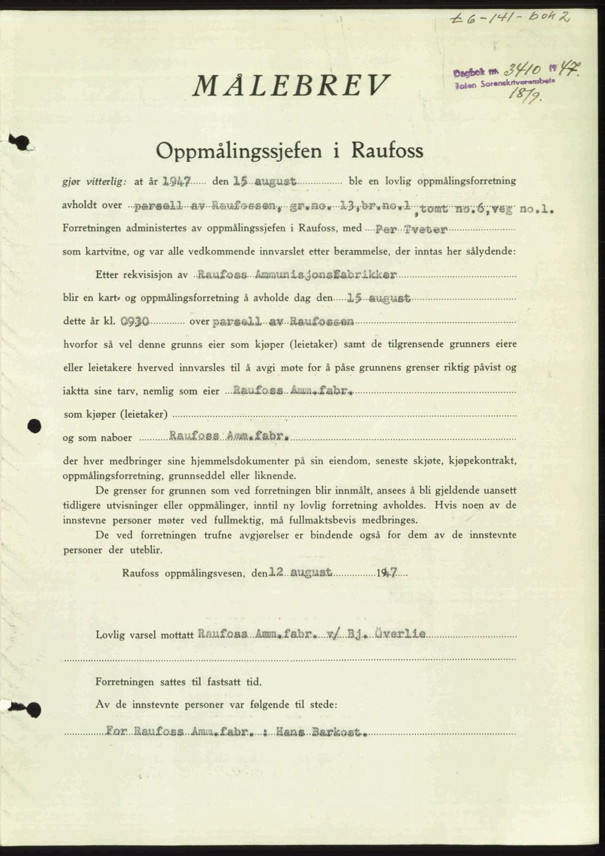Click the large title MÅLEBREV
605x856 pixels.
[x=292, y=85]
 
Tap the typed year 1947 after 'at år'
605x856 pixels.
[x=176, y=182]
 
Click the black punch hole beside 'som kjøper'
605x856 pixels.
[x=35, y=425]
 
